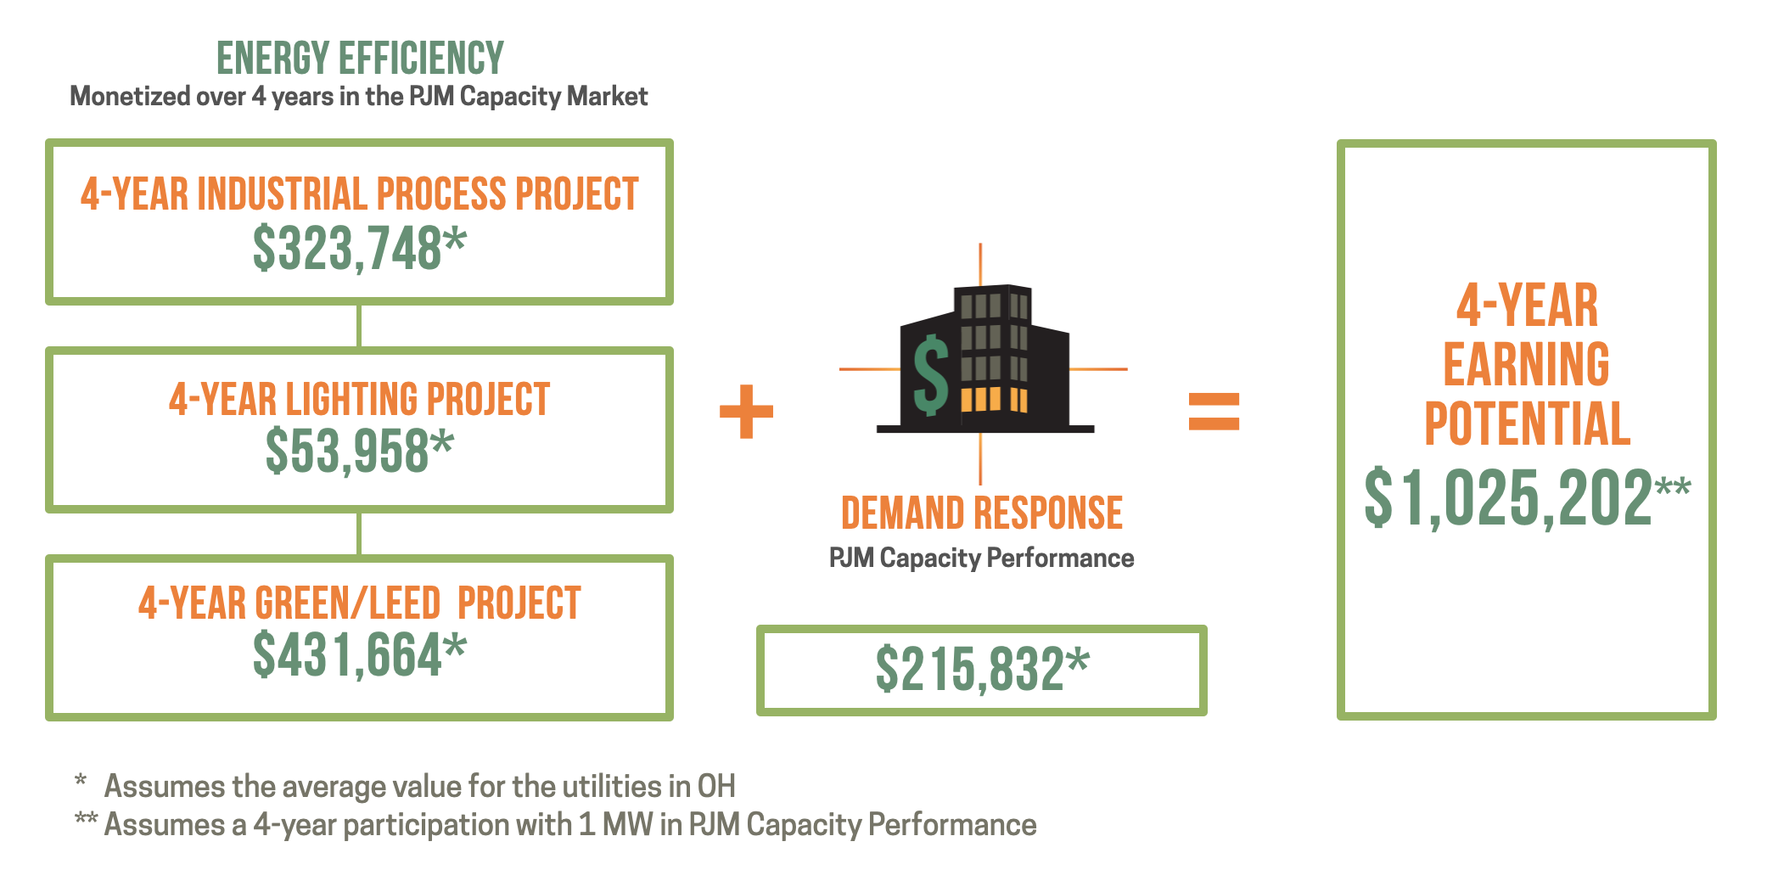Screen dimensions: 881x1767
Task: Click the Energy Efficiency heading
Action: [360, 59]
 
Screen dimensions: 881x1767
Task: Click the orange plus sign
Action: [746, 412]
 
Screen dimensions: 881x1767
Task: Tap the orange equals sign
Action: [1214, 412]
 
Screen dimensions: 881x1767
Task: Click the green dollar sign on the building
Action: [930, 374]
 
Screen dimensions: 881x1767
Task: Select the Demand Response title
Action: [981, 513]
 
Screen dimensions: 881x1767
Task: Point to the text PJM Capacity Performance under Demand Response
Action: [981, 558]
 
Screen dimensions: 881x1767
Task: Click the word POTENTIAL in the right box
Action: [1526, 424]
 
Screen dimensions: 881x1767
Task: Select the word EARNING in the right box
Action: [1526, 364]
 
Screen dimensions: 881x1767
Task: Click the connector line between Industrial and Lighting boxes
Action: [359, 326]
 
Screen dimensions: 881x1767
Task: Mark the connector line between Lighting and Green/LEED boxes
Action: [359, 534]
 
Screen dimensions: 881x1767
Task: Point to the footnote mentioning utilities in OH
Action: [419, 786]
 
